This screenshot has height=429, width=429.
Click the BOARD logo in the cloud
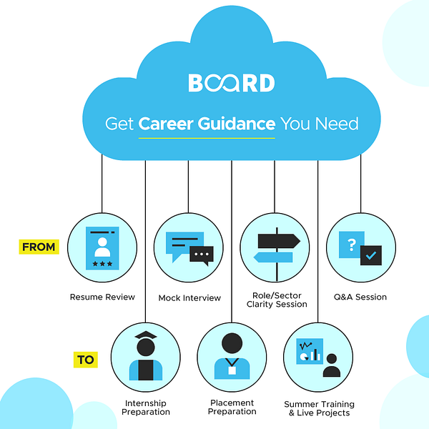pyautogui.click(x=231, y=83)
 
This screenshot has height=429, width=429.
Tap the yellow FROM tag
pyautogui.click(x=39, y=247)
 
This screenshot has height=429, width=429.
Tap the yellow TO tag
pyautogui.click(x=85, y=359)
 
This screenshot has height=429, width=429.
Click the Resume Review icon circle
pyautogui.click(x=102, y=247)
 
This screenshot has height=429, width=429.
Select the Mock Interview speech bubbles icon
pyautogui.click(x=189, y=249)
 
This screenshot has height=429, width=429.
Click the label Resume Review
pyautogui.click(x=102, y=297)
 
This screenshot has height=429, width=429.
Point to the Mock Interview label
pyautogui.click(x=189, y=297)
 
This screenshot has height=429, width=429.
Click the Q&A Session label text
pyautogui.click(x=361, y=297)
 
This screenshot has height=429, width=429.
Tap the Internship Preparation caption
pyautogui.click(x=146, y=408)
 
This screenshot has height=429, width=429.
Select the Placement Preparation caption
pyautogui.click(x=232, y=407)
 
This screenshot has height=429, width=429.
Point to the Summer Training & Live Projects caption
pyautogui.click(x=319, y=408)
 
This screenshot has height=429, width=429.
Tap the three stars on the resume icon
pyautogui.click(x=102, y=264)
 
